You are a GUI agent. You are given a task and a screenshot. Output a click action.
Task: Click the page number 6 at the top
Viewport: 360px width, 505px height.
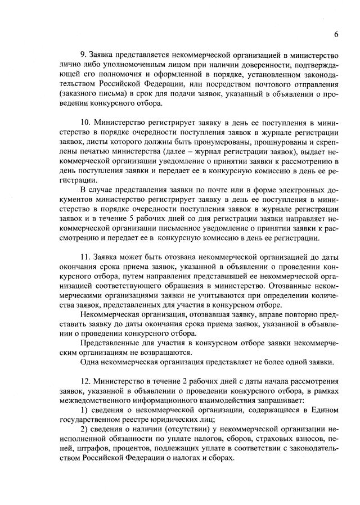tap(336, 34)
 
